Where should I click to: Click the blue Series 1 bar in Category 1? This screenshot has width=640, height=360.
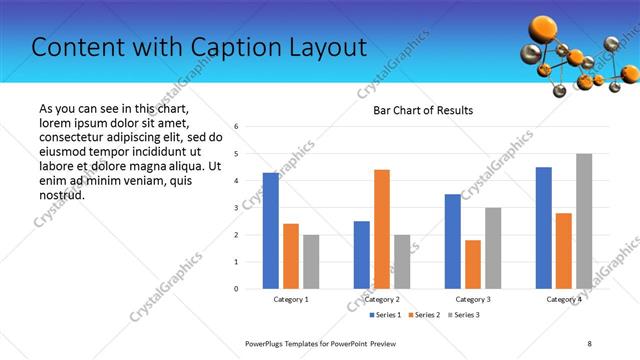tap(271, 231)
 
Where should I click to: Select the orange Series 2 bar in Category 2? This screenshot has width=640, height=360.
tap(382, 229)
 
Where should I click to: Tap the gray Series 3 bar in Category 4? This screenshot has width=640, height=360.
tap(584, 221)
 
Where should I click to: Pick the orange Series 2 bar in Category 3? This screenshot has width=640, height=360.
tap(473, 264)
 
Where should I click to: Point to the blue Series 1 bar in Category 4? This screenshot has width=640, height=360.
tap(544, 228)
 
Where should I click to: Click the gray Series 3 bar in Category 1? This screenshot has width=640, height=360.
tap(311, 262)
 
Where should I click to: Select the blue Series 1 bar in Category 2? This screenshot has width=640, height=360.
tap(362, 255)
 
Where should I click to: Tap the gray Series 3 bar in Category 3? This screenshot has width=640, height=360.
tap(493, 248)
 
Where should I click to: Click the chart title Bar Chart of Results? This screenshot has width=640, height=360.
tap(423, 110)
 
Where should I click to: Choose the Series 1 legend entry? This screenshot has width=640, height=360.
tap(388, 315)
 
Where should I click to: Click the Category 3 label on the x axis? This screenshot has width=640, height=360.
tap(473, 299)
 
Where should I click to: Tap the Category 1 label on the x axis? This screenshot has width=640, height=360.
tap(291, 299)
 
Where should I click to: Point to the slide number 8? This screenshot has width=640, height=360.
tap(589, 343)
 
